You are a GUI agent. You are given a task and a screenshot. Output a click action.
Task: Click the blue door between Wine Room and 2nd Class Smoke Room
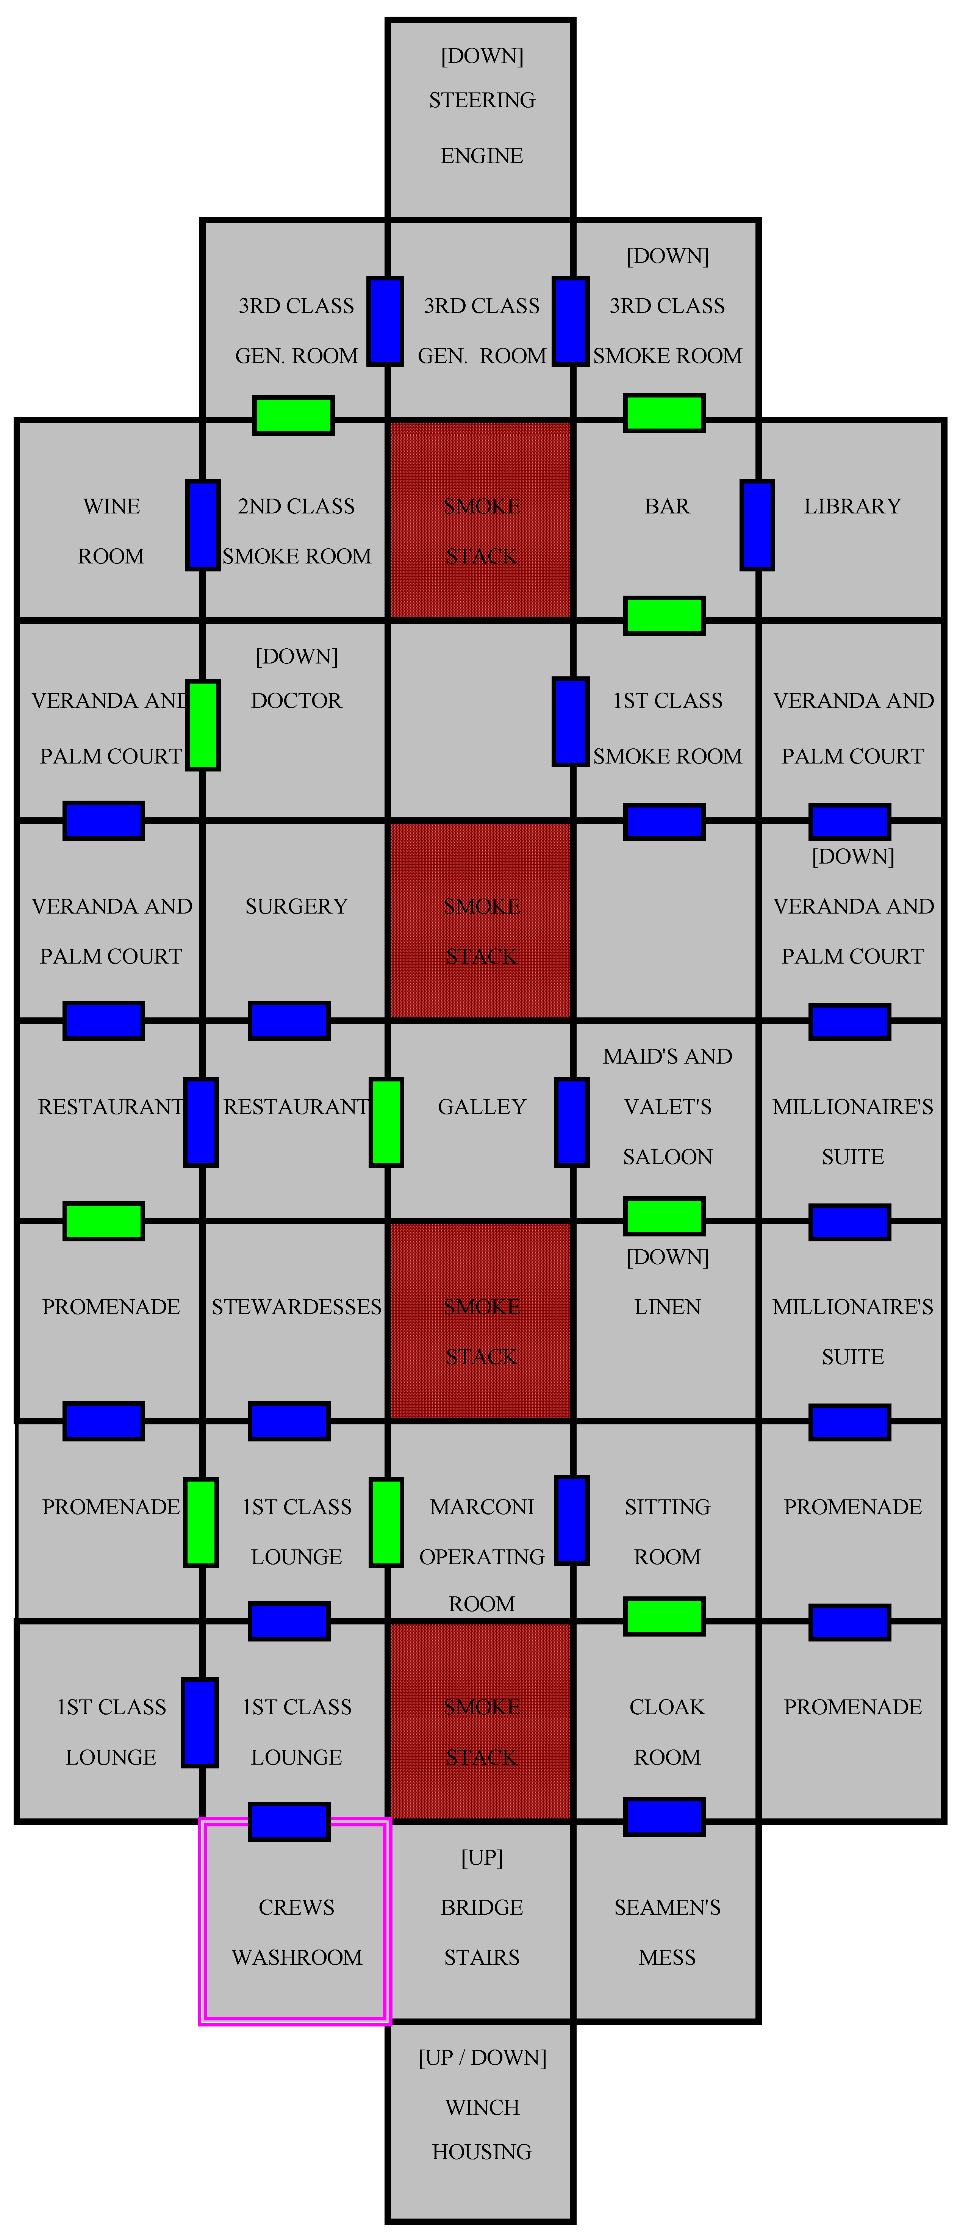[x=202, y=525]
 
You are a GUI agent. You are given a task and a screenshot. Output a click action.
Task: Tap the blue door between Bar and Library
[x=757, y=525]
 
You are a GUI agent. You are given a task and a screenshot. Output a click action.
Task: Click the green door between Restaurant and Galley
[x=386, y=1122]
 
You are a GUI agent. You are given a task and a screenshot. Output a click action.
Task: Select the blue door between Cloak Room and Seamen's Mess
[x=664, y=1816]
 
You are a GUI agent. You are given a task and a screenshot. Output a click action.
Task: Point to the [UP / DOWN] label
[x=482, y=2057]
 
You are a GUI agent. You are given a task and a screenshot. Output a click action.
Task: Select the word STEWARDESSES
[x=296, y=1307]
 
